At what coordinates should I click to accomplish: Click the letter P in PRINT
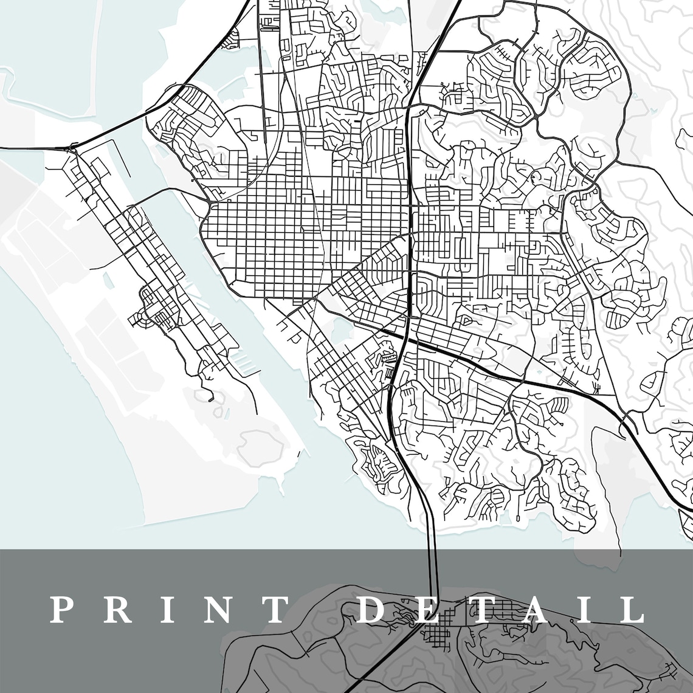click(x=61, y=610)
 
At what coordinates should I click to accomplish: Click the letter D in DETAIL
click(x=370, y=610)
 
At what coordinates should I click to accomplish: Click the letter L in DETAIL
click(x=629, y=610)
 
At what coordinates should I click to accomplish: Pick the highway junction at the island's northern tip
click(x=72, y=147)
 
